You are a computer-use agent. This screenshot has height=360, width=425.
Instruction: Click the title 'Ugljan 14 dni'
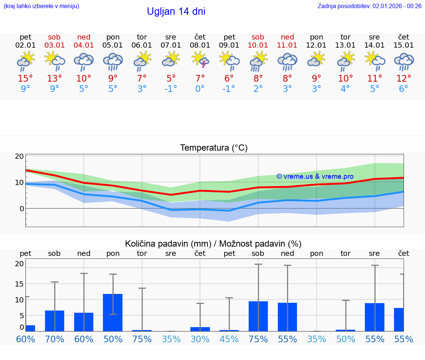[x=176, y=11]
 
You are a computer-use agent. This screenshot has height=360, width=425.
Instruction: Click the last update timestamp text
[x=369, y=6]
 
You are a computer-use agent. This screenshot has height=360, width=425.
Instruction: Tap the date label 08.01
[x=200, y=45]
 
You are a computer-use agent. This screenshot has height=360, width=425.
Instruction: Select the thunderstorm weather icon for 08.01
[x=200, y=60]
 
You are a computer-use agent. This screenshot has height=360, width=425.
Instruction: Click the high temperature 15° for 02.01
[x=25, y=79]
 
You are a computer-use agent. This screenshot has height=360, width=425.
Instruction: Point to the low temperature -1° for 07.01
[x=171, y=89]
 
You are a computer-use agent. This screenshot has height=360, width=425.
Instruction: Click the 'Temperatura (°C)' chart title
[x=214, y=148]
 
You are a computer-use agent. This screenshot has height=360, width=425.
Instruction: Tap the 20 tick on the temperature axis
[x=19, y=156]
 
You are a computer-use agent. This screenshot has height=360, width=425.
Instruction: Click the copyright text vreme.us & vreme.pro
[x=315, y=176]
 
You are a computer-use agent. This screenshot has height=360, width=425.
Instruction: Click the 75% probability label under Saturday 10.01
[x=258, y=339]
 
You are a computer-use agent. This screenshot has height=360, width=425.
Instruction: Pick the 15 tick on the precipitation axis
[x=19, y=284]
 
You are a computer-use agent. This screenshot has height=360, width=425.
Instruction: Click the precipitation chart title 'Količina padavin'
[x=213, y=244]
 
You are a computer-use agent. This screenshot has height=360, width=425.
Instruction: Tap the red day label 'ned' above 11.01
[x=287, y=37]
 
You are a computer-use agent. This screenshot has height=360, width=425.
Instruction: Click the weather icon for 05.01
[x=113, y=61]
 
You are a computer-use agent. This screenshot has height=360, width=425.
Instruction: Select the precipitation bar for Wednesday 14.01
[x=374, y=317]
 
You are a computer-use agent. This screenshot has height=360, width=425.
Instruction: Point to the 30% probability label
[x=200, y=339]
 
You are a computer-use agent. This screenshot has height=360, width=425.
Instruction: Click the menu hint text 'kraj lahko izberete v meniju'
[x=41, y=6]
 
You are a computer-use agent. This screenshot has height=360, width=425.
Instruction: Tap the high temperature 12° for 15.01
[x=404, y=79]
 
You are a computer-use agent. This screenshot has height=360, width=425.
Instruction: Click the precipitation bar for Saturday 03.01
[x=55, y=321]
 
